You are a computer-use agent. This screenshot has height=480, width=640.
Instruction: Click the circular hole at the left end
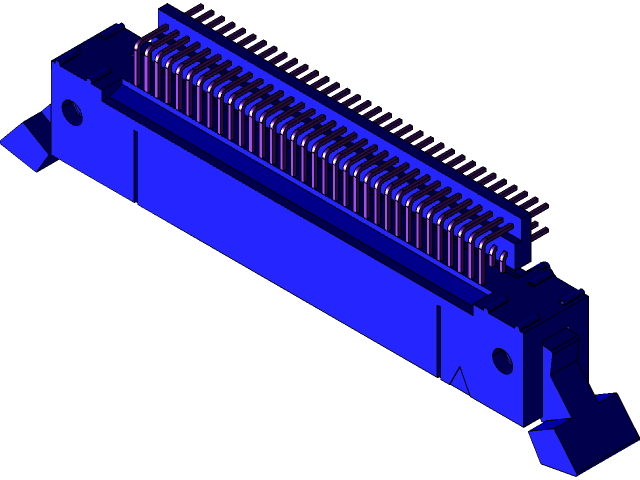[72, 111]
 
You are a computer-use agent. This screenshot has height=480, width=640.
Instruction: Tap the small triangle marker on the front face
[459, 379]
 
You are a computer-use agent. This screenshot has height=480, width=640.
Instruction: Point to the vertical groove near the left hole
[135, 165]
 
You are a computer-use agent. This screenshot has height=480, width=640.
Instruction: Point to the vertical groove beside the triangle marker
[438, 340]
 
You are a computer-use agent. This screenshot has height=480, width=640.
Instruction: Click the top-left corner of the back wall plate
[160, 10]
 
